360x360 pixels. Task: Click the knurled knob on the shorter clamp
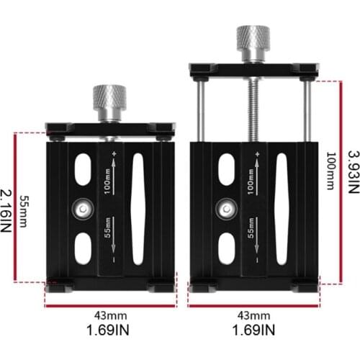point(110,96)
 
